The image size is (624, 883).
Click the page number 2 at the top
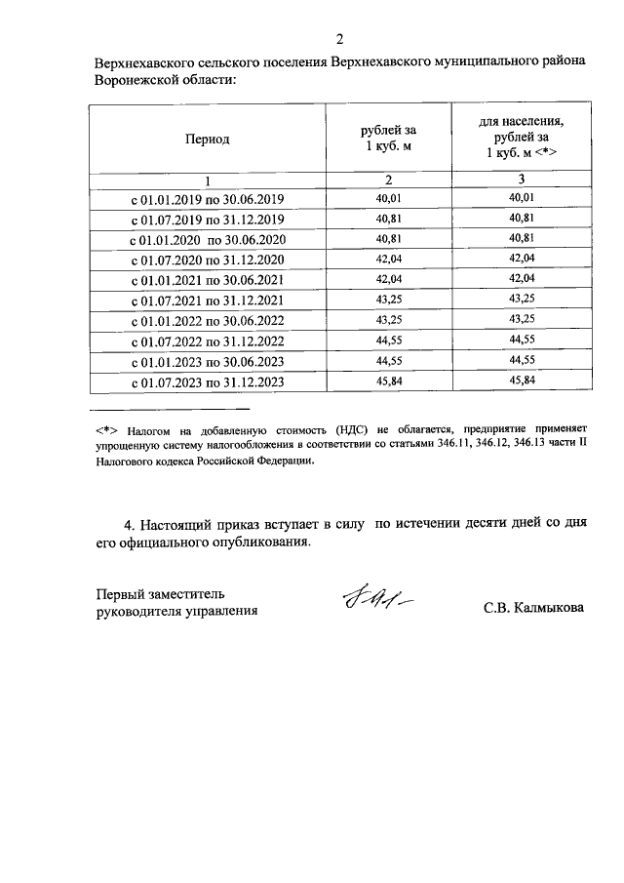339,39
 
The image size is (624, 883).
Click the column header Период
207,139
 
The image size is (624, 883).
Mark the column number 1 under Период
207,181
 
